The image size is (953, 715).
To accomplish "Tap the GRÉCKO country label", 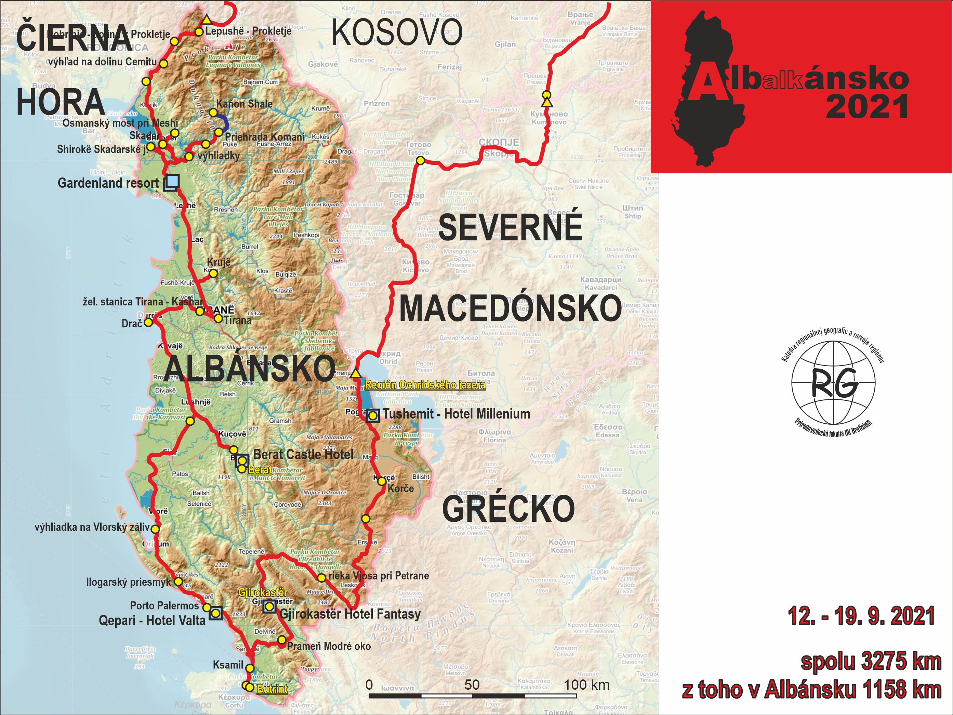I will [x=508, y=509].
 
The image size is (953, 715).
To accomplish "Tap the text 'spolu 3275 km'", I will [x=871, y=662].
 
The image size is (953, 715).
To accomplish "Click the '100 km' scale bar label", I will [x=587, y=685].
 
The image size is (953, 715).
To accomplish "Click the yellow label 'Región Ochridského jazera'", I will [x=425, y=385].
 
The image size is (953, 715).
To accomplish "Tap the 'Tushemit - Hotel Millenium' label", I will [x=456, y=414].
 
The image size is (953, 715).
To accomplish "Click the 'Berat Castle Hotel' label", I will [x=303, y=454].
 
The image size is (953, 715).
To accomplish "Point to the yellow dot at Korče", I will [x=382, y=481].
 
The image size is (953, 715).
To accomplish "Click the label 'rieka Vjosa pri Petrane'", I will [x=379, y=575].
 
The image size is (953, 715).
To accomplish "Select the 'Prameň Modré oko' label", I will [x=328, y=646].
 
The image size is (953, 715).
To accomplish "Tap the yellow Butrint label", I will [x=272, y=689].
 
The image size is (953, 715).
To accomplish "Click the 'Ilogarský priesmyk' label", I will [x=128, y=582].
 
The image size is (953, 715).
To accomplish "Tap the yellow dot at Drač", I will [x=148, y=322].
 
